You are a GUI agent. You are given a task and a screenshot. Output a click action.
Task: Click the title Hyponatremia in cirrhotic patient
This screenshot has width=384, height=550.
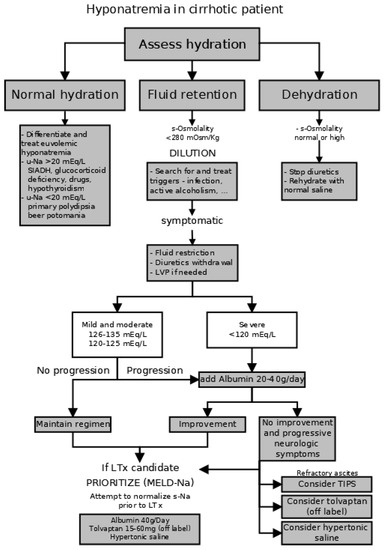[192, 10]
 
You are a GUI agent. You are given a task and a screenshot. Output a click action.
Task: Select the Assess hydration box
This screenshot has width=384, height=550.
[192, 44]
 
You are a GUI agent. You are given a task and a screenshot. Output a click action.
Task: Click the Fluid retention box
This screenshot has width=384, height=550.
[191, 96]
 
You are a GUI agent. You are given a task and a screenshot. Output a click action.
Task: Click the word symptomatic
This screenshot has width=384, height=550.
[190, 219]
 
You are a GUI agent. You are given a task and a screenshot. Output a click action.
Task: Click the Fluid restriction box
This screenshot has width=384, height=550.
[191, 263]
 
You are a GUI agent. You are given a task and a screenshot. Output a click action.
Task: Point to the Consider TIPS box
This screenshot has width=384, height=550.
[318, 483]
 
